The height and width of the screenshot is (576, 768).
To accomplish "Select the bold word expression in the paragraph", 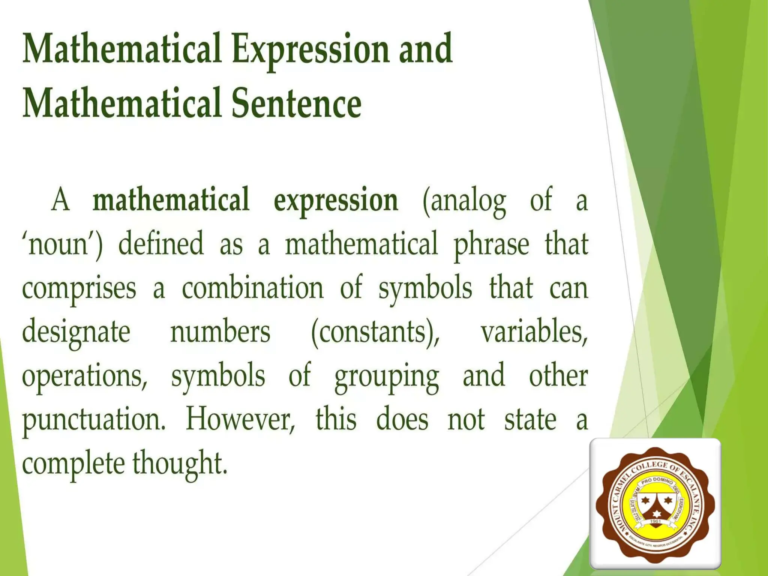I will (336, 201).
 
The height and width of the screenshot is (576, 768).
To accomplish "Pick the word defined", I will (161, 244).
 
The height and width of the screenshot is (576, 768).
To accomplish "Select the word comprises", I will (79, 289).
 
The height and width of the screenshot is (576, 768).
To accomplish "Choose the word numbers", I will (220, 332).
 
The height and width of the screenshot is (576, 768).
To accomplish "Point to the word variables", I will (534, 332).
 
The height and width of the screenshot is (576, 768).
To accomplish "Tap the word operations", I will (84, 376).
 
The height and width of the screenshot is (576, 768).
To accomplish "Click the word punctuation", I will (93, 420).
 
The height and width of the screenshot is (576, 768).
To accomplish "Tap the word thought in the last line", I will (180, 464).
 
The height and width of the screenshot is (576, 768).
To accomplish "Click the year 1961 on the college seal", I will (655, 521).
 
